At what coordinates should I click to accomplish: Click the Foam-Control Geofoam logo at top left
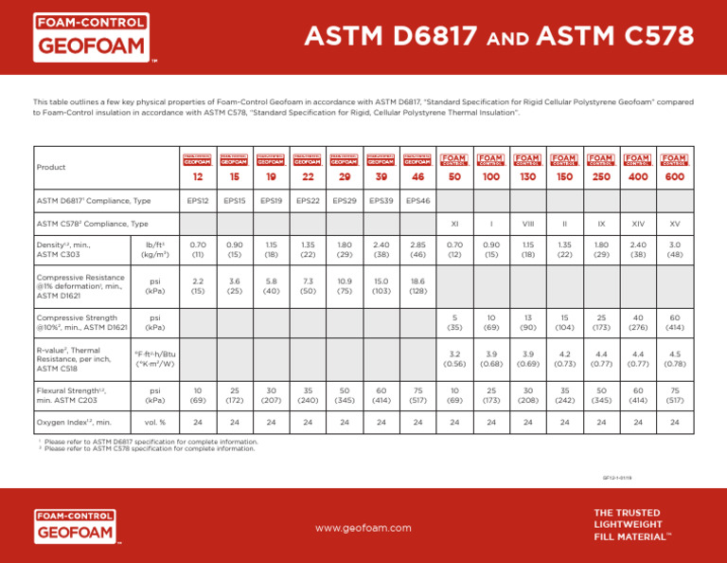pos(91,37)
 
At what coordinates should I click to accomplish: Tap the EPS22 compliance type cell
pos(306,201)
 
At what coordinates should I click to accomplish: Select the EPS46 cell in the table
pos(417,201)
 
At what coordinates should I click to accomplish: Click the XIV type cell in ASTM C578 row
pos(638,224)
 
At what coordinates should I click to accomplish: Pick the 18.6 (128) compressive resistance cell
pos(417,286)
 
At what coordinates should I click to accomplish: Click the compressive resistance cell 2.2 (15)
pos(195,286)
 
